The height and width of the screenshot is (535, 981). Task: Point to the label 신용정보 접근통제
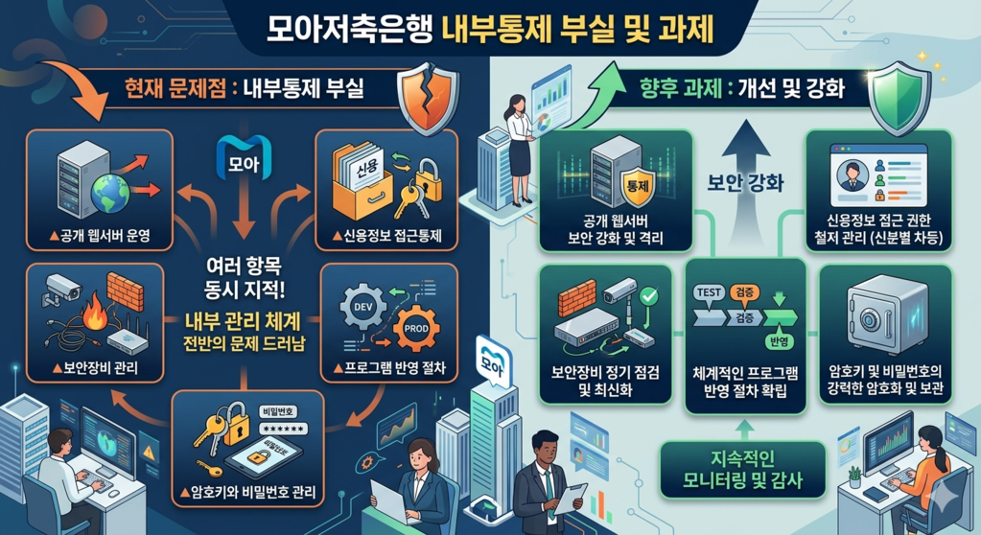[x=386, y=235]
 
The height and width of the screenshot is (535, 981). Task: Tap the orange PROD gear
[x=415, y=330]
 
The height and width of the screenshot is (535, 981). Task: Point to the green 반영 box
[x=772, y=342]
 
